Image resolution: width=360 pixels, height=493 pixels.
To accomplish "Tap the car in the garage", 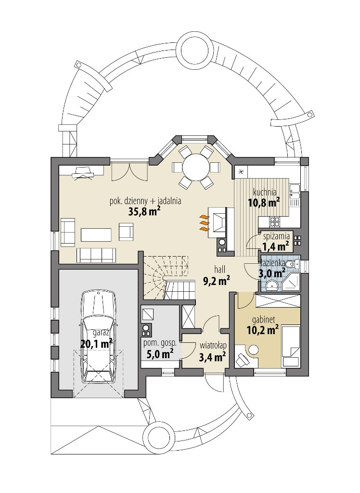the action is coord(98,337).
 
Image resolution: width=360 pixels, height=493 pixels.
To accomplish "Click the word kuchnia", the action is coord(265,192).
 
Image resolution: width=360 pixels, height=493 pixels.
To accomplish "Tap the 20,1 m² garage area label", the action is coord(97,344).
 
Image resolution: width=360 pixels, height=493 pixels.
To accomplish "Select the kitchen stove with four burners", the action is coord(274,221).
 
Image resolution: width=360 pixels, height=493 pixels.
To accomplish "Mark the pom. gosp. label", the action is coord(160,343).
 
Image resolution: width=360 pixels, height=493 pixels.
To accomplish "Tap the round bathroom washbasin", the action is coord(271,285).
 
